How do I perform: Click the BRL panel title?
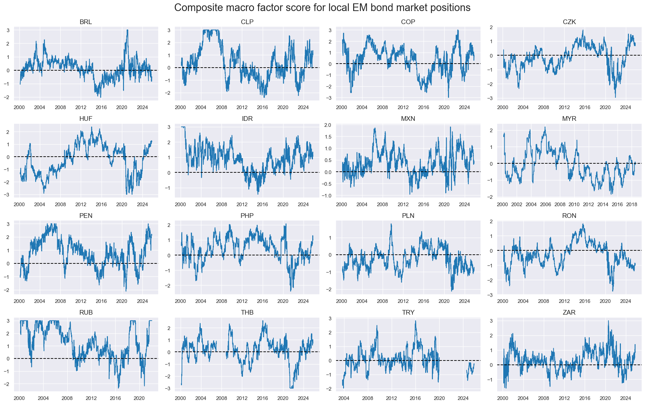[86, 22]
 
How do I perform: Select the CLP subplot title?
[247, 22]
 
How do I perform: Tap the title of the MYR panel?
[569, 119]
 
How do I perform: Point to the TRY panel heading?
[408, 312]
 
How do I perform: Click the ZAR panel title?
[569, 312]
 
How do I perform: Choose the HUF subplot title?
[86, 119]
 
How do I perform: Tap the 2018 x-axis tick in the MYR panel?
[632, 205]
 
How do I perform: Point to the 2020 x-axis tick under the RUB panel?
[139, 398]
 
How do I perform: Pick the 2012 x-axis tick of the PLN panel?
[403, 301]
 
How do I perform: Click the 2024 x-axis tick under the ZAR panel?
[626, 398]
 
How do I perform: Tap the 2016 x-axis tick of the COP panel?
[424, 107]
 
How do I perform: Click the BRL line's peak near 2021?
[127, 30]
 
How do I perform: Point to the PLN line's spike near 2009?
[391, 224]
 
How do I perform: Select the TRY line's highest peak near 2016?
[415, 321]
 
